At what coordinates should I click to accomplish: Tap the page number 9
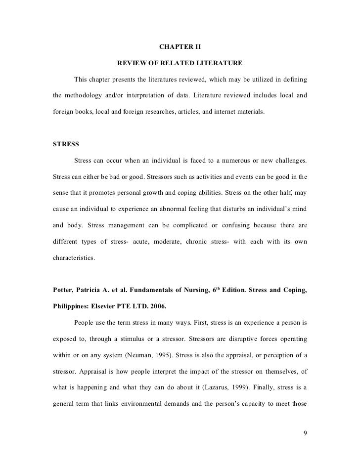pyautogui.click(x=305, y=433)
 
